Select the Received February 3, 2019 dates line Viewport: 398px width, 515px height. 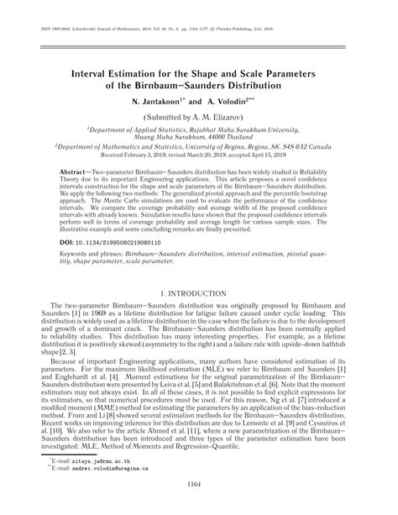point(199,156)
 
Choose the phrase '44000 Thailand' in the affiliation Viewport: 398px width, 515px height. point(220,138)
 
